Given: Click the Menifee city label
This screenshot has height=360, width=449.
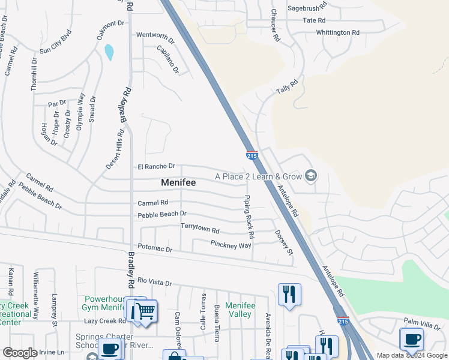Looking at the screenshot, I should pyautogui.click(x=178, y=182).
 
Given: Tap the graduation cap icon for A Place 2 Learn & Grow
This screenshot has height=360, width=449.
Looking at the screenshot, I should pyautogui.click(x=310, y=176).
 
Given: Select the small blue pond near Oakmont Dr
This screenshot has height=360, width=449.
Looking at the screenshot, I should pyautogui.click(x=109, y=52).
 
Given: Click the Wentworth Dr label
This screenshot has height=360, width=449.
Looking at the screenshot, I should pyautogui.click(x=155, y=39).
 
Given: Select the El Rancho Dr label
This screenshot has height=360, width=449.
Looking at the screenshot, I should pyautogui.click(x=156, y=166).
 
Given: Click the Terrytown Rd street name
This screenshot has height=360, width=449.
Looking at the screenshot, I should pyautogui.click(x=200, y=228).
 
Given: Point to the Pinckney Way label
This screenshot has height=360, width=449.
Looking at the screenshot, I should pyautogui.click(x=231, y=245).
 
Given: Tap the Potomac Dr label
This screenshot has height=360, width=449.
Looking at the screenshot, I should pyautogui.click(x=155, y=248).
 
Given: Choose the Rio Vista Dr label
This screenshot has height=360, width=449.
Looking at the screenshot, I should pyautogui.click(x=154, y=282).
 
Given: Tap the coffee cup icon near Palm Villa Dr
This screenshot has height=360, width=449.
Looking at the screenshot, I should pyautogui.click(x=412, y=339).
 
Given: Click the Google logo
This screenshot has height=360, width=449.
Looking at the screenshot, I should pyautogui.click(x=20, y=353).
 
